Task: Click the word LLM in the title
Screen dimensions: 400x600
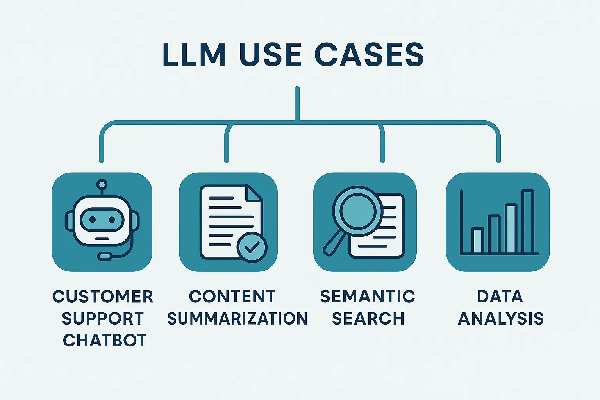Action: pos(194,55)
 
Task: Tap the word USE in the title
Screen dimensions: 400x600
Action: pos(270,55)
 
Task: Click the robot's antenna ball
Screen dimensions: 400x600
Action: pos(102,184)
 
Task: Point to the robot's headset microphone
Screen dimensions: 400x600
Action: pos(105,256)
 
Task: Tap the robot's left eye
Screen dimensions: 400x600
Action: pos(93,220)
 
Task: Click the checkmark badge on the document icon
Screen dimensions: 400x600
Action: pos(252,247)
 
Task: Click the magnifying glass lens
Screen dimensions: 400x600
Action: pos(357,211)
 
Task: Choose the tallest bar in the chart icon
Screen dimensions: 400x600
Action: pos(528,221)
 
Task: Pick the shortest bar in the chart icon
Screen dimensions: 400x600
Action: pos(477,241)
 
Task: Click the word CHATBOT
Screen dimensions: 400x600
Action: pos(105,341)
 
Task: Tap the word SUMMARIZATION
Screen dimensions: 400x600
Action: pos(237,318)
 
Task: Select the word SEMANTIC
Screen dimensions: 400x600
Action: pos(367,296)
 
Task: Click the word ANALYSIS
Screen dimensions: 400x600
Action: pos(500,318)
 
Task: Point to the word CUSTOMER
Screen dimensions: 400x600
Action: pos(103,296)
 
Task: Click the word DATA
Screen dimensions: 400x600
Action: pos(500,296)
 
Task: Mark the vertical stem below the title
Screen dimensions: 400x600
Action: pos(297,104)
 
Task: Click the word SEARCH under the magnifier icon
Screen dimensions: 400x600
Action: pos(368,318)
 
